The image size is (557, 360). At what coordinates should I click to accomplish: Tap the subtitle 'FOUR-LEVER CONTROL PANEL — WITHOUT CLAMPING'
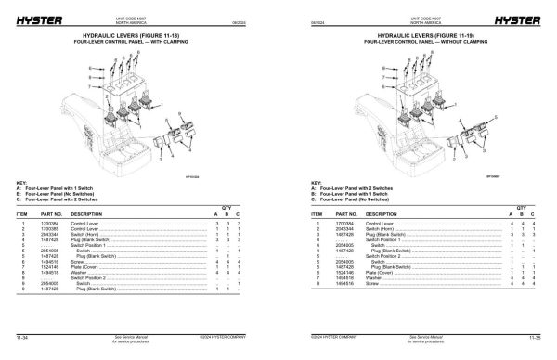point(419,42)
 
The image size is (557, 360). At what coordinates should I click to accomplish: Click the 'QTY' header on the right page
point(521,206)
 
